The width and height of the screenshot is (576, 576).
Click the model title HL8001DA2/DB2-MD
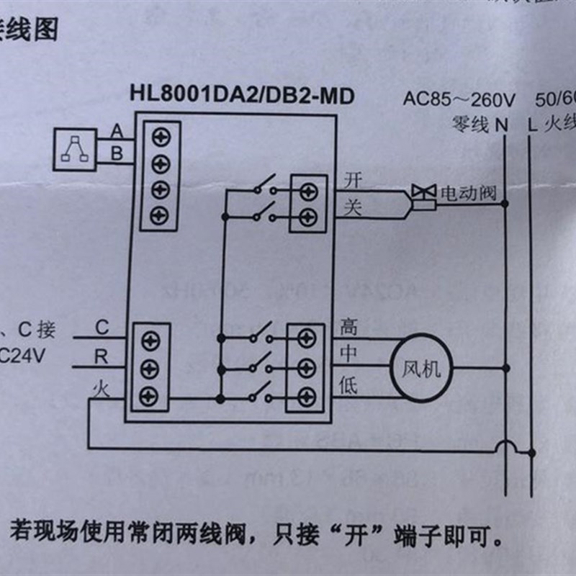point(242,94)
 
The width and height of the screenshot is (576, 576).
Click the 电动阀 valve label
point(469,193)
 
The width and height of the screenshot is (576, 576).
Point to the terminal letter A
point(116,131)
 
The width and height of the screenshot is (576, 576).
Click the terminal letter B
point(116,153)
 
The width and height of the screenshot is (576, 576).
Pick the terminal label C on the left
point(102,329)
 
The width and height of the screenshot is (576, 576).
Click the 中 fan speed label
point(348,355)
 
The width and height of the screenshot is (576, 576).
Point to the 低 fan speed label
point(348,385)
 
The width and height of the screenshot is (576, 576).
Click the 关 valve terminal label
point(352,208)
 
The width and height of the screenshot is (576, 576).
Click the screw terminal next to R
point(150,367)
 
